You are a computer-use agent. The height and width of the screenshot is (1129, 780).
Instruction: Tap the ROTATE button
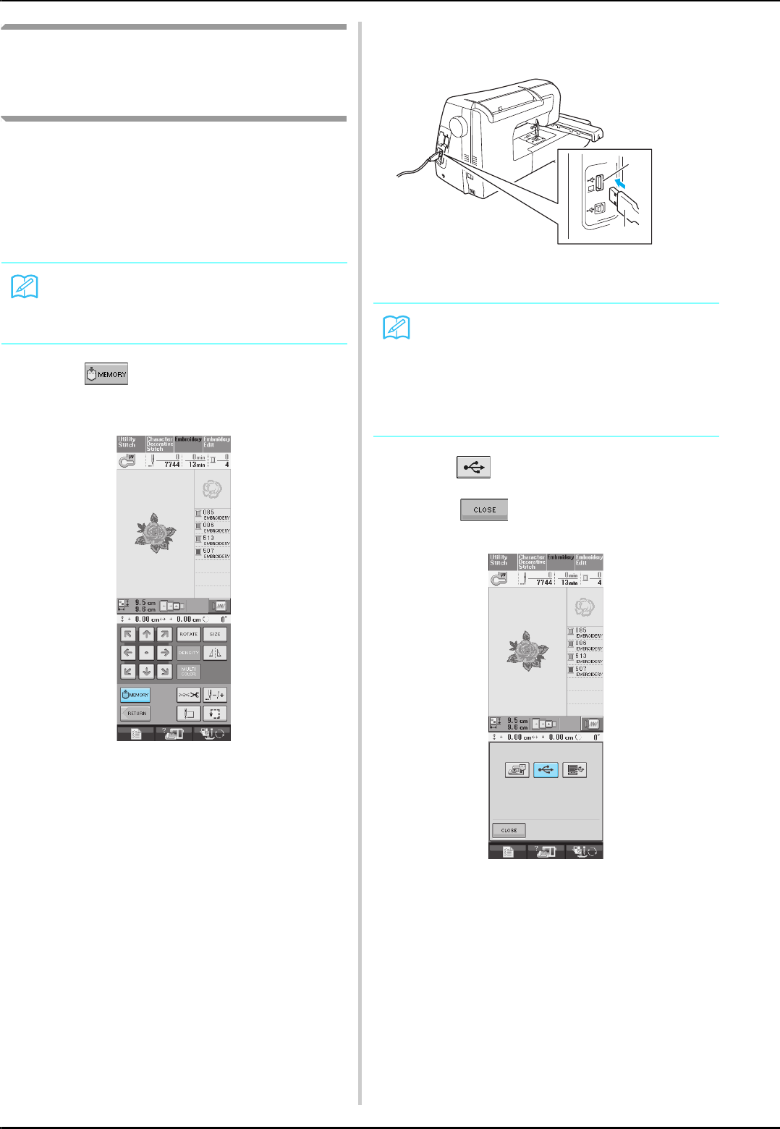tap(189, 634)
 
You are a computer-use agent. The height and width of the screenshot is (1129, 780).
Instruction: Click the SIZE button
tap(215, 634)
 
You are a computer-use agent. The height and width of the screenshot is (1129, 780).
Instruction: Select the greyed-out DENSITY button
tap(189, 653)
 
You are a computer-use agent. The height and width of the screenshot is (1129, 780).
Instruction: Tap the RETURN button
tap(135, 714)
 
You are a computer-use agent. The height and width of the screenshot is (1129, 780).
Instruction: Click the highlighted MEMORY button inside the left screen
tap(135, 695)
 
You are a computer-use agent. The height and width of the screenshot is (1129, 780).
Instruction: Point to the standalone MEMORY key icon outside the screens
tap(106, 374)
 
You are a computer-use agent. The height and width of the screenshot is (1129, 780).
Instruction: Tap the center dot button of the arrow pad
tap(146, 653)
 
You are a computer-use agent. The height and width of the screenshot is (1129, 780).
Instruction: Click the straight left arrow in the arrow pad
tap(128, 653)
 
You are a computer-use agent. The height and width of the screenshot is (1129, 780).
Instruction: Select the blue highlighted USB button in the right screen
tap(546, 770)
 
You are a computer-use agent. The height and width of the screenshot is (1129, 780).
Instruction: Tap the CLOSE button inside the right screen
tap(509, 830)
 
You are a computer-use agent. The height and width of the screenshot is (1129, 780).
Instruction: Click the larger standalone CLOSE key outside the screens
tap(484, 509)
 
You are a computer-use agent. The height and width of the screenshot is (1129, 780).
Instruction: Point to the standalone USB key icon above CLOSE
tap(474, 468)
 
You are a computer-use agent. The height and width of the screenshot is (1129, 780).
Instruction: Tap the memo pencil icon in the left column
tap(25, 288)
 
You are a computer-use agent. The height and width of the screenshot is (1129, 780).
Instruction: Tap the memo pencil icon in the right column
tap(397, 328)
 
